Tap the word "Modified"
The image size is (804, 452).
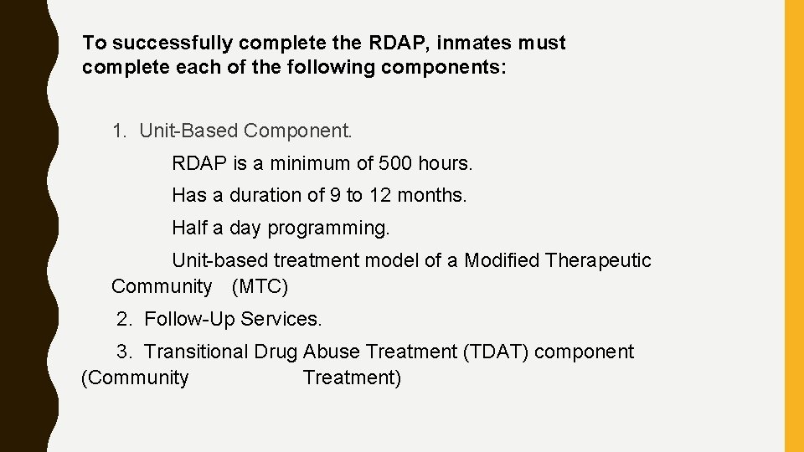coord(502,260)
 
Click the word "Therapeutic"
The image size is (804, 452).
coord(598,260)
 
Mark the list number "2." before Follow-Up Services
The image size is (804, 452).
coord(126,319)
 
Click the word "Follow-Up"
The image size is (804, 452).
coord(189,319)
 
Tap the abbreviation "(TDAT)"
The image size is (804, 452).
coord(495,352)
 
